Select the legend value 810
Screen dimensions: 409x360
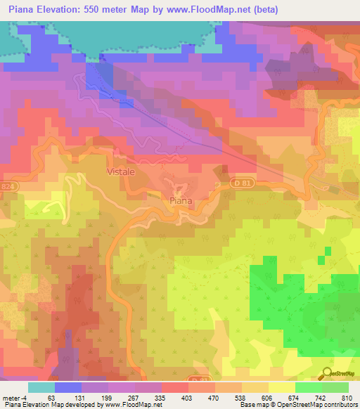pyautogui.click(x=345, y=397)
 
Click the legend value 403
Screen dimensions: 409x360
pyautogui.click(x=186, y=397)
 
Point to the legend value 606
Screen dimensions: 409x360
pyautogui.click(x=266, y=397)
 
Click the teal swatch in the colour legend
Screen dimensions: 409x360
pyautogui.click(x=41, y=387)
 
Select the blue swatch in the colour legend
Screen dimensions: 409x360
pyautogui.click(x=67, y=387)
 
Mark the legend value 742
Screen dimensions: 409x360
pyautogui.click(x=320, y=397)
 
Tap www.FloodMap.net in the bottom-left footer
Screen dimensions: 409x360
pyautogui.click(x=129, y=405)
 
